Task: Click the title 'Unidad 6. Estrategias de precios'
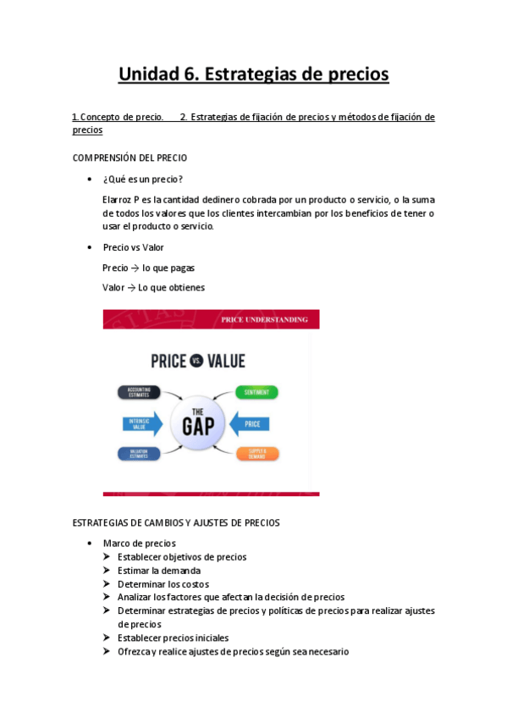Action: pos(253,75)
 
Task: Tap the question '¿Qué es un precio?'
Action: pos(142,179)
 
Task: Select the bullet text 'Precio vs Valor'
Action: pos(133,247)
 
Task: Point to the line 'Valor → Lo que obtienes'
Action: pos(153,287)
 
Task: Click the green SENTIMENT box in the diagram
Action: pos(256,392)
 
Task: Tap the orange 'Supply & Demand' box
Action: pos(257,453)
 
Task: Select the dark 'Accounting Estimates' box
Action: pos(138,392)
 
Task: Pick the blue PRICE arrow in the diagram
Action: pos(252,423)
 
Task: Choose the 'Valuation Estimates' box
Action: pos(138,454)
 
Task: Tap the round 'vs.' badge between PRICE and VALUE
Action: pos(196,362)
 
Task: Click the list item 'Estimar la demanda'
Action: pos(159,571)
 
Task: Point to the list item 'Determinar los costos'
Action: pos(163,584)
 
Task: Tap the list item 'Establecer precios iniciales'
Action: pos(173,638)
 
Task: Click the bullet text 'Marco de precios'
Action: pos(139,543)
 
